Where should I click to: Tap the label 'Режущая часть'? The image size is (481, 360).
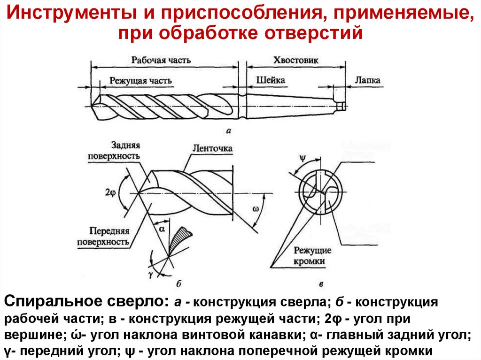140,81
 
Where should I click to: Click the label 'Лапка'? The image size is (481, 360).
367,80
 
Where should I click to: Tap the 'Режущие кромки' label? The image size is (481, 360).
312,256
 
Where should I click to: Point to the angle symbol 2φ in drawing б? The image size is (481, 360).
110,193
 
